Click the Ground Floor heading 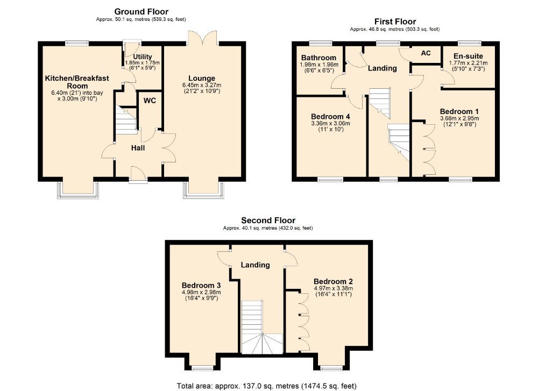point(141,11)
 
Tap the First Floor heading point(395,22)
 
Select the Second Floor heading point(268,220)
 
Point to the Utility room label point(142,56)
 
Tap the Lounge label point(202,78)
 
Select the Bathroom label point(318,58)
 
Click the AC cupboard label point(426,53)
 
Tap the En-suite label point(468,56)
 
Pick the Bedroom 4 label point(330,116)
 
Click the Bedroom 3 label point(201,285)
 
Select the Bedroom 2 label point(333,281)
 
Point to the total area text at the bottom point(266,386)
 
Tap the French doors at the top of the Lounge point(202,38)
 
